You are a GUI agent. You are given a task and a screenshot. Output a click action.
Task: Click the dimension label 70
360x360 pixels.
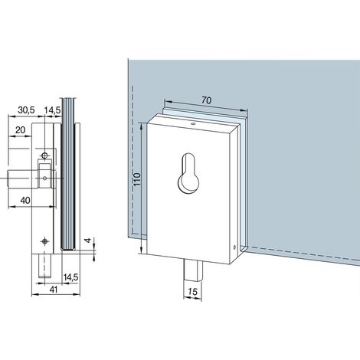(x=206, y=100)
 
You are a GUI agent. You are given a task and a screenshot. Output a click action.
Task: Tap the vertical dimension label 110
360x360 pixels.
(x=136, y=179)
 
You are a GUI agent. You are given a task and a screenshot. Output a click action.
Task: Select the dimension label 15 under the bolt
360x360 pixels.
(x=192, y=291)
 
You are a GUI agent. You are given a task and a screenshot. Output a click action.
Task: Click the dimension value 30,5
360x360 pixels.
(x=26, y=110)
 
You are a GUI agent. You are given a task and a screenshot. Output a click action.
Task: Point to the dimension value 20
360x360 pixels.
(x=21, y=130)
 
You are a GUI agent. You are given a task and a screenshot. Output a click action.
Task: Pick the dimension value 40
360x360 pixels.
(x=25, y=201)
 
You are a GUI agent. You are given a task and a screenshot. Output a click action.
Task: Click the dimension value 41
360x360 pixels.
(x=53, y=290)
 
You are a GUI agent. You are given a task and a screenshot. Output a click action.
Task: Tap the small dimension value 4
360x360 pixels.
(x=88, y=240)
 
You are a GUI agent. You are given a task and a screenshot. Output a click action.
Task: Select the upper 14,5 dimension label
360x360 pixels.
(x=52, y=110)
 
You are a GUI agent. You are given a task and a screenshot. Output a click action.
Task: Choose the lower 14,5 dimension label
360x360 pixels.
(x=70, y=277)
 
